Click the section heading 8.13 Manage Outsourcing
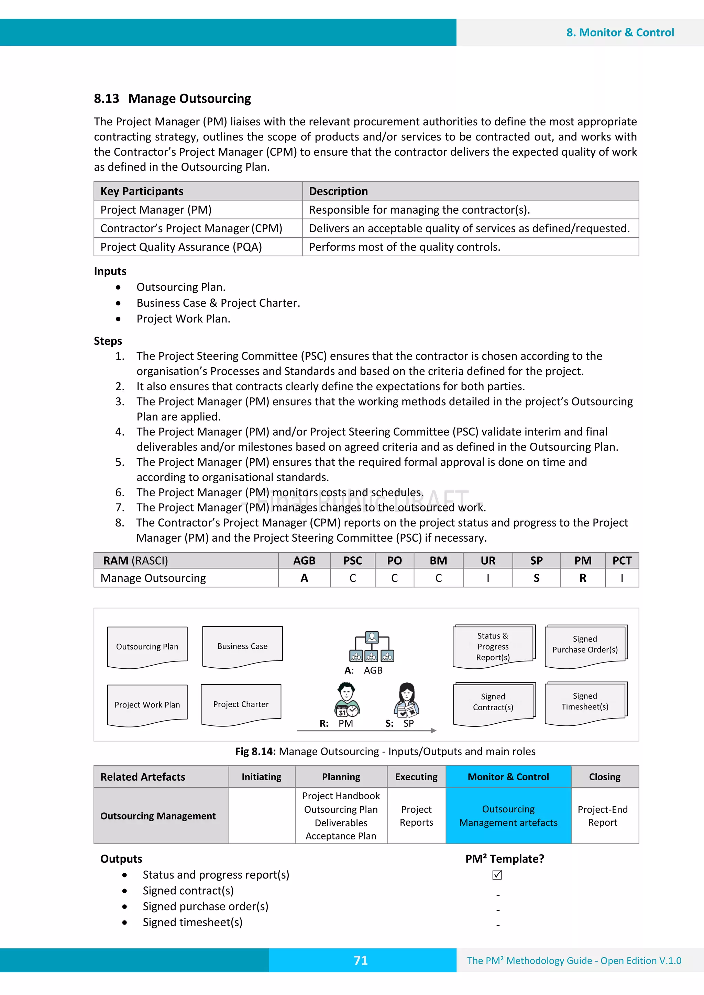tap(172, 99)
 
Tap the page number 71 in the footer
tap(361, 960)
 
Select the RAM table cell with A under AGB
tap(304, 578)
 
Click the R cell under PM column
tap(583, 578)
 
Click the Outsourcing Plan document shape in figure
tap(147, 647)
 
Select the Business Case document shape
tap(242, 646)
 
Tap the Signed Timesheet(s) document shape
tap(585, 702)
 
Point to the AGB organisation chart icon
tap(372, 647)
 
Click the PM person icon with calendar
tap(346, 699)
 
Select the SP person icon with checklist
tap(406, 699)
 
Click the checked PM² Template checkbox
tap(497, 875)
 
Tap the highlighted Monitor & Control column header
tap(508, 777)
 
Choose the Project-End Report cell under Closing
tap(603, 816)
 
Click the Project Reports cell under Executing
tap(416, 816)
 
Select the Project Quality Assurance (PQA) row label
tap(181, 247)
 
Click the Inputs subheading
tap(110, 271)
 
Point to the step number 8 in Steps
tap(120, 523)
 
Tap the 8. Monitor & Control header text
tap(620, 33)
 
